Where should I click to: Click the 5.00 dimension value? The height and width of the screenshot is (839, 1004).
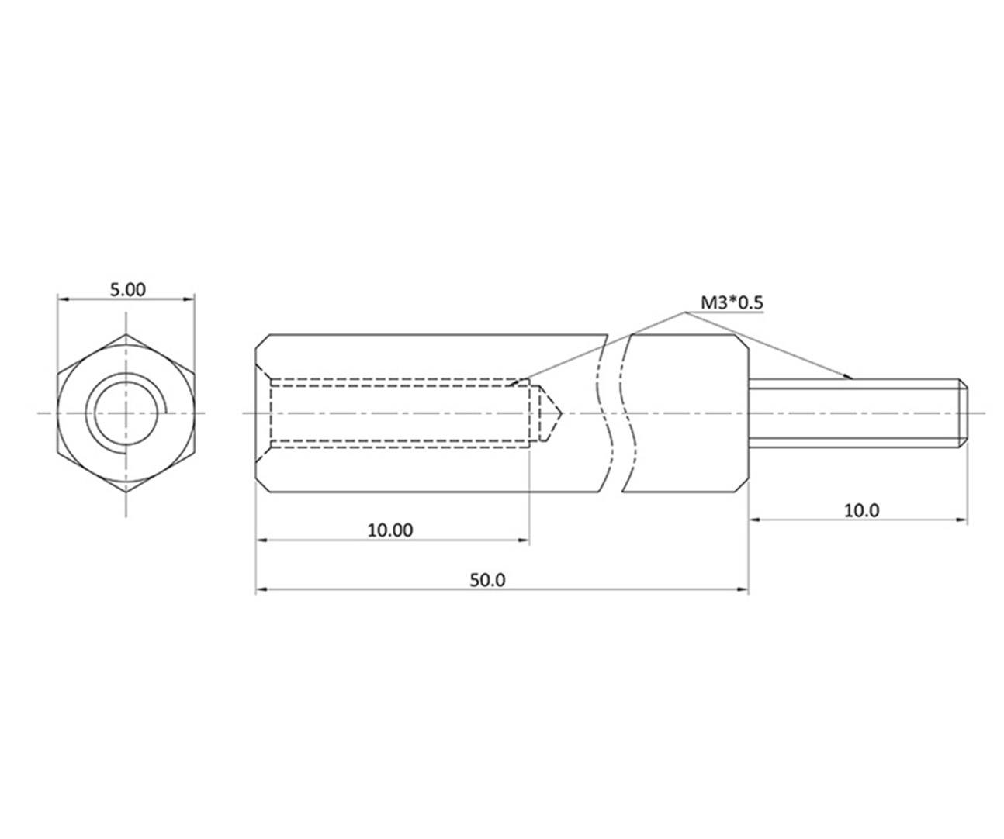(127, 289)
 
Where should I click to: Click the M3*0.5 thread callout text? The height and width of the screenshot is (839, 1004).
(731, 302)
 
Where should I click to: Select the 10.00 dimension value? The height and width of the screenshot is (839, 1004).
(390, 530)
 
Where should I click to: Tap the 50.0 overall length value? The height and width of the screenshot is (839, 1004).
(488, 579)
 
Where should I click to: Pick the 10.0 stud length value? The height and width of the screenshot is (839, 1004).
(861, 509)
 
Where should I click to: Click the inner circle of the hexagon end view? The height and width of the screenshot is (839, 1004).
(126, 413)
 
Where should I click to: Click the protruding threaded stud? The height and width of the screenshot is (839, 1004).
(853, 413)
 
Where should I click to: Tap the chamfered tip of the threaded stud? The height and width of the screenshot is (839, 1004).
(963, 413)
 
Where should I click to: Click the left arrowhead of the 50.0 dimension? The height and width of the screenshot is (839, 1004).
(261, 590)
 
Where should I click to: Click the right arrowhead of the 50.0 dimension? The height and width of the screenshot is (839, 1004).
(743, 590)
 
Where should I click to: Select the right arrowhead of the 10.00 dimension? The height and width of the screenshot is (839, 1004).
(524, 540)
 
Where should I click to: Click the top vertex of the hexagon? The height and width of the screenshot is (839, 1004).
(126, 334)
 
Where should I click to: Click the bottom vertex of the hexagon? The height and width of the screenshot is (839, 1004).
(126, 492)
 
